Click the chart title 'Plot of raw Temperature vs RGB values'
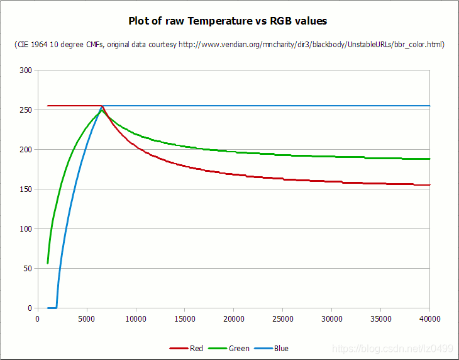click(228, 21)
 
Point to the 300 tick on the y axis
click(25, 70)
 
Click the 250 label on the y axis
click(25, 110)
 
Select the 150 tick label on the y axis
click(25, 189)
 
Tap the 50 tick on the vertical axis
click(27, 269)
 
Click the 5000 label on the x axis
click(87, 319)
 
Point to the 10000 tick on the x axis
click(136, 319)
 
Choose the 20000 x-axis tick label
click(234, 319)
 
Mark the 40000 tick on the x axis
click(430, 319)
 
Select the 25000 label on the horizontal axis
click(283, 319)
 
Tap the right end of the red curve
click(429, 185)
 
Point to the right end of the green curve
click(429, 159)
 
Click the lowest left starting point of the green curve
click(48, 263)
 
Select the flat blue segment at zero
click(52, 308)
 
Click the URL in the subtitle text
click(311, 45)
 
